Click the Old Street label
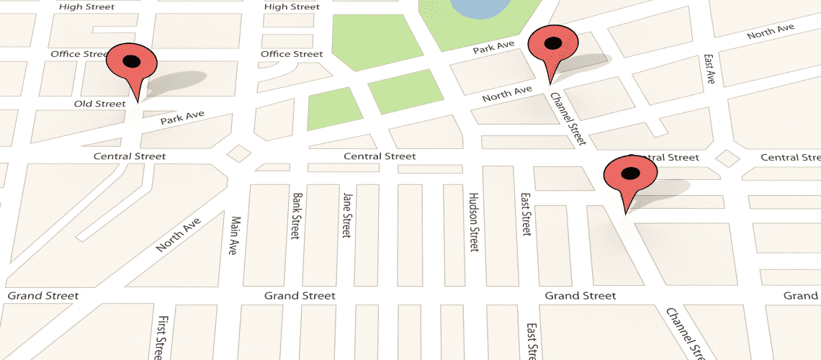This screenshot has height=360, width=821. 99,104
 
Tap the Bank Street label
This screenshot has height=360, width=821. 295,215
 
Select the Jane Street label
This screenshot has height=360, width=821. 346,215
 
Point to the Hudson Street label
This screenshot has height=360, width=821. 473,221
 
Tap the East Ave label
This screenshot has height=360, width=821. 709,68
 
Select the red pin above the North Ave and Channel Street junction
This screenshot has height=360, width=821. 552,47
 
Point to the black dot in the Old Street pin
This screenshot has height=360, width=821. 131,61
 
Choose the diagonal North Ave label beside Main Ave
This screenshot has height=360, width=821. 177,235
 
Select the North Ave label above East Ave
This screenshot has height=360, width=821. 770,32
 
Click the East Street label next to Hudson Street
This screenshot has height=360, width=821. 526,214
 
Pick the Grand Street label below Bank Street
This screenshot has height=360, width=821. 300,296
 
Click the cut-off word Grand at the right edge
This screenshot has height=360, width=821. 801,296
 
